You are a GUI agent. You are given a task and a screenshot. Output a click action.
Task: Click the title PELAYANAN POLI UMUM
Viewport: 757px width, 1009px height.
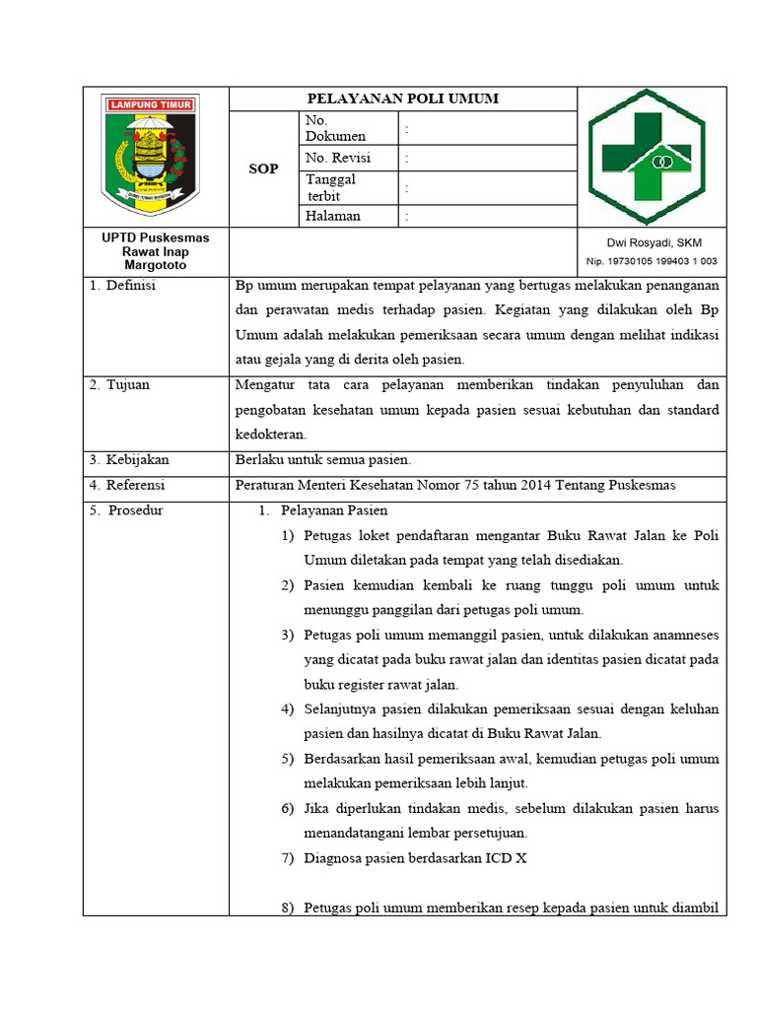coord(402,99)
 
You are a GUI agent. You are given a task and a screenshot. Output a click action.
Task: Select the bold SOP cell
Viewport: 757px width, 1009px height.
coord(263,169)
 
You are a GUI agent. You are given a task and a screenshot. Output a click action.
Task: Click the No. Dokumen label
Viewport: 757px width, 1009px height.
coord(335,128)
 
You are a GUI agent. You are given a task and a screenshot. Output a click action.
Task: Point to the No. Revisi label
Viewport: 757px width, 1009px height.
coord(336,159)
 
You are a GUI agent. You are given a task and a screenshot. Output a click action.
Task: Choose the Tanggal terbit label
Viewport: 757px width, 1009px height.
coord(331,187)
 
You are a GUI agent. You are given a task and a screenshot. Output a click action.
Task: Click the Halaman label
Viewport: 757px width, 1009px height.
coord(333,217)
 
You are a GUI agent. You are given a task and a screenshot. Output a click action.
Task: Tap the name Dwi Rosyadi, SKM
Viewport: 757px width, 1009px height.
coord(654,242)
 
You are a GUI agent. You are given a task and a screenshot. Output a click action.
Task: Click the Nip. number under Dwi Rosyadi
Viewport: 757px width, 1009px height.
coord(652,261)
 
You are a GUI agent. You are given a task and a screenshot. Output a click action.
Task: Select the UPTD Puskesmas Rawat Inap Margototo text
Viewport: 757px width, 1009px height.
coord(156,251)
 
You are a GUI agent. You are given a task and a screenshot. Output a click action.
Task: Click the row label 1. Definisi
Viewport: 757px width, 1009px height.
coord(123,287)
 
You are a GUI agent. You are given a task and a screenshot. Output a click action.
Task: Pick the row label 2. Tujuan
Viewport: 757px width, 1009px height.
coord(120,385)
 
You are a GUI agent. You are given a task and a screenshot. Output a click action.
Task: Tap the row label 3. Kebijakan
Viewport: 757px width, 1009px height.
coord(129,460)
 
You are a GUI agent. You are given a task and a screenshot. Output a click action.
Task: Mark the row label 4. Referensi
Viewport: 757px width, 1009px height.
coord(127,486)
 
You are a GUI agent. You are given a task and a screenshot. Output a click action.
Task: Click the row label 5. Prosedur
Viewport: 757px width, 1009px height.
coord(127,510)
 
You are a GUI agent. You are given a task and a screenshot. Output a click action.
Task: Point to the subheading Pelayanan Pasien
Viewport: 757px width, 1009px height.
coord(334,510)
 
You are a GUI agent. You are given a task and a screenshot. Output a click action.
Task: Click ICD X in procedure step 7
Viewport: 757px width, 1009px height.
coord(506,858)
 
